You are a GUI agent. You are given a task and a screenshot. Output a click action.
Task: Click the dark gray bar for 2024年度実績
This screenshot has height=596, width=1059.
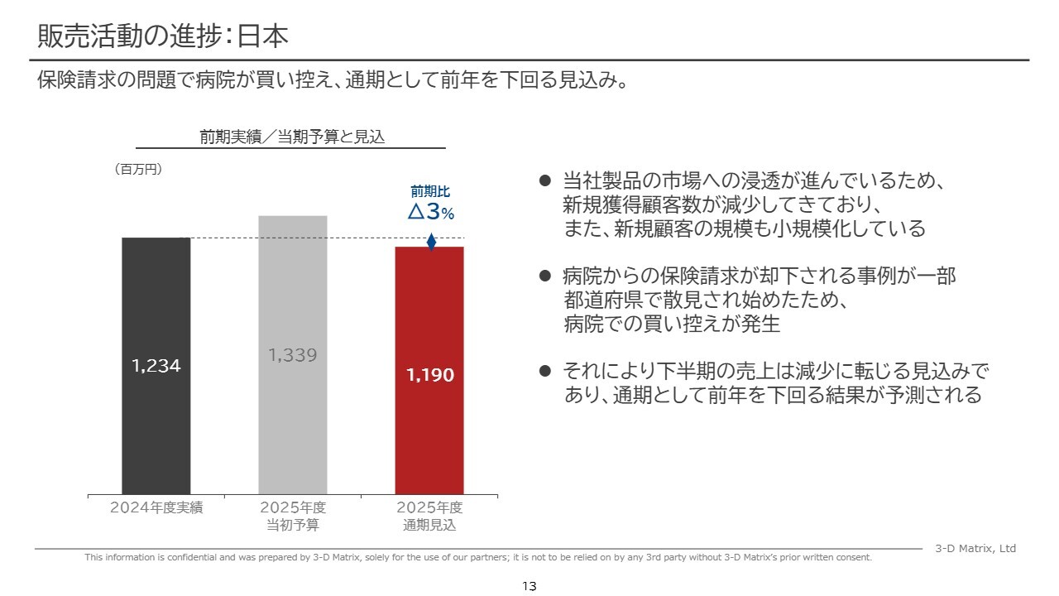click(156, 430)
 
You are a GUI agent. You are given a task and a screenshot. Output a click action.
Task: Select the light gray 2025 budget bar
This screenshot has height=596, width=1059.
click(293, 430)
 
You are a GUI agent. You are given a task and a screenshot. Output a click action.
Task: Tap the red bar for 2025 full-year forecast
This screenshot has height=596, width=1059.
click(429, 439)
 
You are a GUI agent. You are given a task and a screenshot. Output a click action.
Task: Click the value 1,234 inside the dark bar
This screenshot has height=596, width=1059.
click(156, 366)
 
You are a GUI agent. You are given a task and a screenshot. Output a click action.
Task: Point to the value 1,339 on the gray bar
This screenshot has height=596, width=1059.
click(293, 355)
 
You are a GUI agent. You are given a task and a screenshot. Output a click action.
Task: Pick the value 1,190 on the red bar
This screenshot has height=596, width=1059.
click(430, 375)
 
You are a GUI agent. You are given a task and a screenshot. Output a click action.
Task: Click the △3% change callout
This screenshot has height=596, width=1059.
click(431, 213)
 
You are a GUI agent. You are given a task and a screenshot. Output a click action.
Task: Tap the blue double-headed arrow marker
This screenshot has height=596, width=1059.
click(431, 242)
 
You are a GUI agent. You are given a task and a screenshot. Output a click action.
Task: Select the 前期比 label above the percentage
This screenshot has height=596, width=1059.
click(430, 192)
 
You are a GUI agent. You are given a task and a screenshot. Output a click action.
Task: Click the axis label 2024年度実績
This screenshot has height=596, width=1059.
click(156, 508)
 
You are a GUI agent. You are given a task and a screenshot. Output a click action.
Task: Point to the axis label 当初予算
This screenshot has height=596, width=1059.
click(293, 525)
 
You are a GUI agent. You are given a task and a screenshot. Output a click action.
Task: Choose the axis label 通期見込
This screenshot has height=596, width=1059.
click(429, 525)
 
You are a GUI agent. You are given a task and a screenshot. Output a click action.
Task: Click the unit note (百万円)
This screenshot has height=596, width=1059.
click(137, 169)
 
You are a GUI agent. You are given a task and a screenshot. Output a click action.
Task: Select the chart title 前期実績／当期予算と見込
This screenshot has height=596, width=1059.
click(293, 137)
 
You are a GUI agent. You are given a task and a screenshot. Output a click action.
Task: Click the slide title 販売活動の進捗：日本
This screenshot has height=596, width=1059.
click(163, 36)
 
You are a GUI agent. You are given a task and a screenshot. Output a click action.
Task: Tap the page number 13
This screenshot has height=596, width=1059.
click(529, 586)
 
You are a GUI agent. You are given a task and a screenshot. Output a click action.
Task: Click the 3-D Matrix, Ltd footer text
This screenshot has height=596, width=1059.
click(975, 549)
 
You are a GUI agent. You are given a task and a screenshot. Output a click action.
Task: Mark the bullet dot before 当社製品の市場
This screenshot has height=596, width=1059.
click(544, 180)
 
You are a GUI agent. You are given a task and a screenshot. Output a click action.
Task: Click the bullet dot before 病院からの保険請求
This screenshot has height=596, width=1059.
click(544, 276)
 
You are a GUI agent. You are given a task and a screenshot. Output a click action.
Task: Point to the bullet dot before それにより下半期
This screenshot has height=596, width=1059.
click(544, 371)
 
